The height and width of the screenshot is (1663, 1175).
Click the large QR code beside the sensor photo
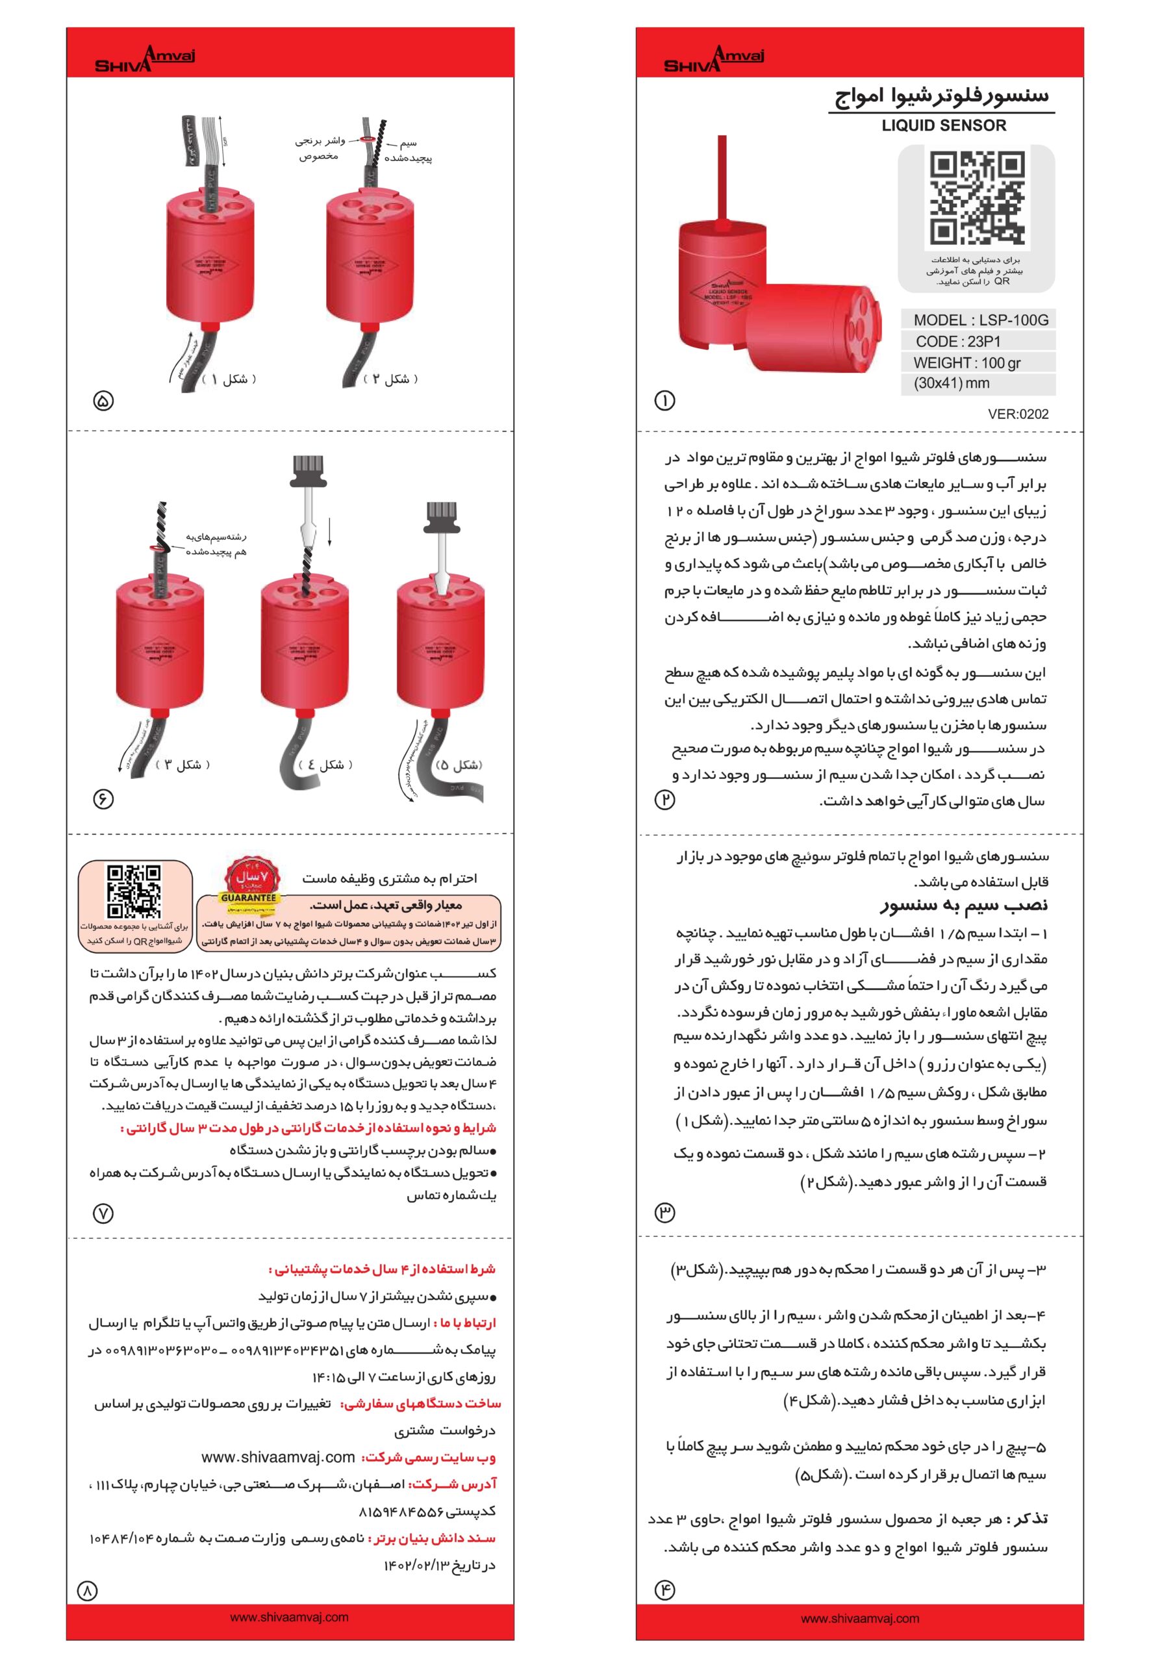click(x=976, y=199)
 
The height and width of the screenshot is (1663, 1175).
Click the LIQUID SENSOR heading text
click(x=943, y=125)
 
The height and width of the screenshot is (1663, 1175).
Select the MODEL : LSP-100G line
click(x=980, y=320)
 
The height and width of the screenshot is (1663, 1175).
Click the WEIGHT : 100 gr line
click(x=967, y=363)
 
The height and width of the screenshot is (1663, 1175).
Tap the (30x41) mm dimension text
click(x=950, y=383)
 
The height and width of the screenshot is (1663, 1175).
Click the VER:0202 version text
click(x=1018, y=414)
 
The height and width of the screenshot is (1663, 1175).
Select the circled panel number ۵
click(x=103, y=401)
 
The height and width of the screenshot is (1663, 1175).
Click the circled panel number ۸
click(x=87, y=1591)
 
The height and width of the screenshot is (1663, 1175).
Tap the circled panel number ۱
click(x=664, y=401)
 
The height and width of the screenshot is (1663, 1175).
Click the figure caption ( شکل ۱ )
click(x=229, y=379)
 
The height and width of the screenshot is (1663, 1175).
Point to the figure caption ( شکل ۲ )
click(x=390, y=379)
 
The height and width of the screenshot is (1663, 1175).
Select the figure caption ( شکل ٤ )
click(x=325, y=765)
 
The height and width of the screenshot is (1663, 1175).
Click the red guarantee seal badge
click(x=249, y=878)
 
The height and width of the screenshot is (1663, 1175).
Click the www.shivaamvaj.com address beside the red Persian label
click(x=278, y=1456)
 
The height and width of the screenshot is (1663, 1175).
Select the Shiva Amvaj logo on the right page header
click(x=714, y=58)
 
